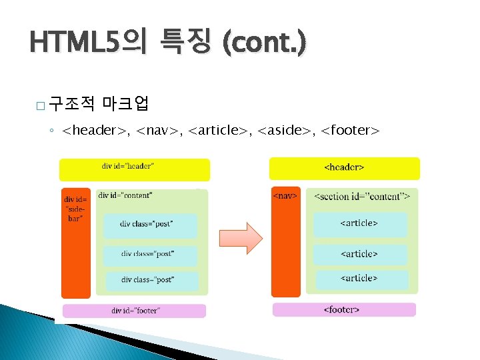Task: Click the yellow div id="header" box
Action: click(x=134, y=170)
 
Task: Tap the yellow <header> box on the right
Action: click(x=344, y=168)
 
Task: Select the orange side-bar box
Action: click(x=75, y=242)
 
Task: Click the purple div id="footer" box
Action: click(x=134, y=311)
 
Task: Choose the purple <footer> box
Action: click(x=344, y=309)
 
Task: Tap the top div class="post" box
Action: click(x=150, y=225)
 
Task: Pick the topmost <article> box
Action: click(x=360, y=224)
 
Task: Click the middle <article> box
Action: click(x=360, y=254)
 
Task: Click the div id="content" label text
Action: click(x=125, y=195)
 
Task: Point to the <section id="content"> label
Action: click(x=361, y=197)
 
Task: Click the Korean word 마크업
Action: click(x=126, y=103)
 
